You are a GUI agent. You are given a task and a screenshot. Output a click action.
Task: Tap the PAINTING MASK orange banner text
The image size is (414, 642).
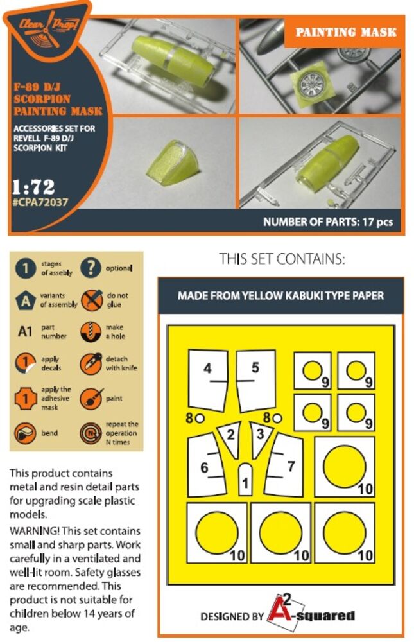pyautogui.click(x=346, y=32)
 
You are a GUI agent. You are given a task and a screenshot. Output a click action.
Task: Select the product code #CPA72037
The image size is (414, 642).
pyautogui.click(x=40, y=202)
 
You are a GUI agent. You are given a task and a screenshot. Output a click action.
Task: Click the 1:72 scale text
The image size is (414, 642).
pyautogui.click(x=33, y=187)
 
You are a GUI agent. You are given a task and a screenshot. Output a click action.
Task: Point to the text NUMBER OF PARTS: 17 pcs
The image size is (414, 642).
pyautogui.click(x=328, y=222)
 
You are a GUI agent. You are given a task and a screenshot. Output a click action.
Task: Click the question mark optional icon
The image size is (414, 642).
pyautogui.click(x=91, y=268)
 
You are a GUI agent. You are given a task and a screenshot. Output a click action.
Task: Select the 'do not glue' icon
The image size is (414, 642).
pyautogui.click(x=91, y=300)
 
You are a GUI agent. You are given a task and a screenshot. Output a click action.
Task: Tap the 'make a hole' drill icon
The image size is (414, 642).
pyautogui.click(x=91, y=332)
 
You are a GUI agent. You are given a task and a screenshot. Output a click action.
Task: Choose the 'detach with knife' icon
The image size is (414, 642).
pyautogui.click(x=91, y=363)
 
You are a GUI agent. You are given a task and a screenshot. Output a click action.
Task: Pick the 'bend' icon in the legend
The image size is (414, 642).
pyautogui.click(x=25, y=433)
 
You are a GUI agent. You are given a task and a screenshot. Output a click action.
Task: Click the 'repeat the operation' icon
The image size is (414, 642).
pyautogui.click(x=91, y=433)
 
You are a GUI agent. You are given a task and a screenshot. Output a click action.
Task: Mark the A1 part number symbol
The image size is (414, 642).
pyautogui.click(x=25, y=331)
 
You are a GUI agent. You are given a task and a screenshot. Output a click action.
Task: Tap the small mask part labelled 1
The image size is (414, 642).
pyautogui.click(x=245, y=480)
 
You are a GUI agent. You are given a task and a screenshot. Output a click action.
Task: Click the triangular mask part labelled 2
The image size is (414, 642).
pyautogui.click(x=230, y=437)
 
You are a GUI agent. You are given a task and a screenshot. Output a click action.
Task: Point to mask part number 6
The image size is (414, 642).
pyautogui.click(x=206, y=466)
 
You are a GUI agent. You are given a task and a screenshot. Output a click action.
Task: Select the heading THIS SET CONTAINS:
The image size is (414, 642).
pyautogui.click(x=282, y=259)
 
